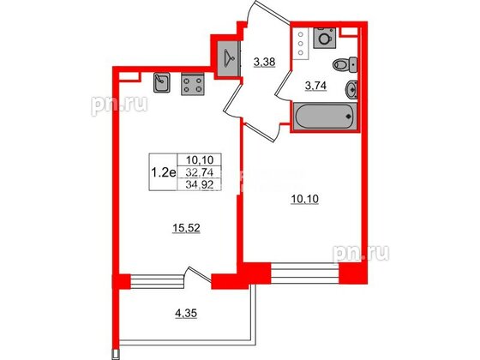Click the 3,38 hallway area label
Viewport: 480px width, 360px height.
[265, 63]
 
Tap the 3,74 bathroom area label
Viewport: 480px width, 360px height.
[315, 87]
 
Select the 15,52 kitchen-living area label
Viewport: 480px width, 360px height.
[186, 228]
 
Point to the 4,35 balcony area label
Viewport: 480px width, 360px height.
[186, 314]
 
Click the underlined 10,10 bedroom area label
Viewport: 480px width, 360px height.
[304, 199]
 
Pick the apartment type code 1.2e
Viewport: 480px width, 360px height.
[164, 173]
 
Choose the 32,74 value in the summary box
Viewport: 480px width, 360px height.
[199, 173]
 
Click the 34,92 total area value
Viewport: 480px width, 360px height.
[199, 184]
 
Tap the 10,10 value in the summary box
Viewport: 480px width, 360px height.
[199, 159]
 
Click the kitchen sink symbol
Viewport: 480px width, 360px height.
[162, 82]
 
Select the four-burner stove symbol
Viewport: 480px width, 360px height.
[193, 85]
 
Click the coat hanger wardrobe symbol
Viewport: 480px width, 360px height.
[228, 59]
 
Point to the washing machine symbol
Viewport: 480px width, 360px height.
[325, 38]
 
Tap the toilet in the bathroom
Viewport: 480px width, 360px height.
[345, 65]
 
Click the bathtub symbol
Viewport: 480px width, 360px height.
[325, 116]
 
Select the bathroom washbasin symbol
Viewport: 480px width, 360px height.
[351, 89]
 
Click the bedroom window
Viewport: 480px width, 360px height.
[305, 273]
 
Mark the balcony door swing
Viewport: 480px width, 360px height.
[197, 278]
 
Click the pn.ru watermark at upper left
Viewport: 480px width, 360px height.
[119, 105]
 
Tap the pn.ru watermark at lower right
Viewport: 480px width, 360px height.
[361, 253]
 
